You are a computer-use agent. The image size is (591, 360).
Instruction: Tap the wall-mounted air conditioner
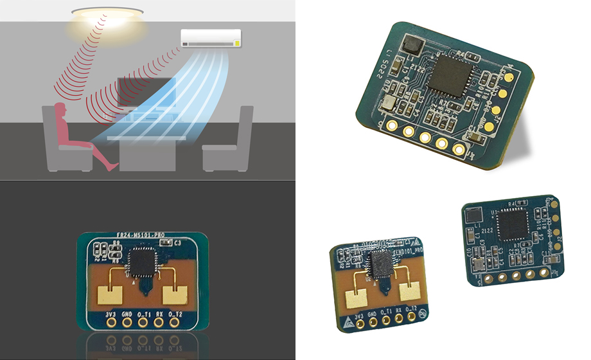(211, 38)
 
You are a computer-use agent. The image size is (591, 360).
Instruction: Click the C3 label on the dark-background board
(177, 244)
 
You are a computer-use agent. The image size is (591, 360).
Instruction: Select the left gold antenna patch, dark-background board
(107, 293)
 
